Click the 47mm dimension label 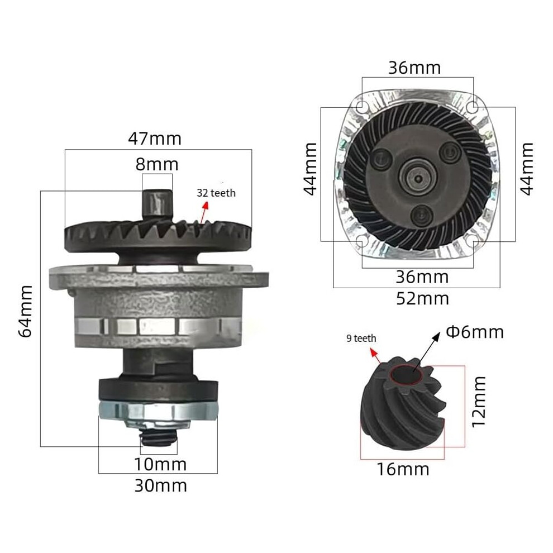155,139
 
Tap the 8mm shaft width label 157,164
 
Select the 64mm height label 26,312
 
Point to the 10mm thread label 160,464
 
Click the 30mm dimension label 160,485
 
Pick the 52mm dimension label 422,299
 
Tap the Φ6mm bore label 475,332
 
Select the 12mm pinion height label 479,402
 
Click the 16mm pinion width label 403,469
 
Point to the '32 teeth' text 216,193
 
